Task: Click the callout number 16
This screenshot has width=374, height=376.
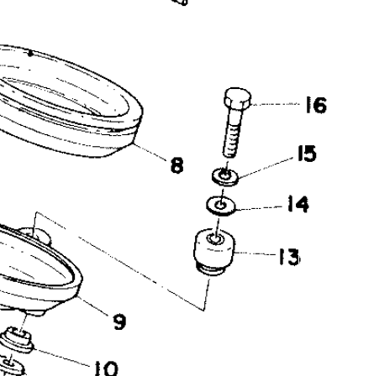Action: (x=316, y=105)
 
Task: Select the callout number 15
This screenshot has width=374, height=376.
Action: (x=307, y=154)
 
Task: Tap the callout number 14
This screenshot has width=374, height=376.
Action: (x=298, y=204)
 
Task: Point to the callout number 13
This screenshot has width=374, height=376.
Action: (x=290, y=257)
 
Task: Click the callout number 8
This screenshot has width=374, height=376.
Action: (x=176, y=165)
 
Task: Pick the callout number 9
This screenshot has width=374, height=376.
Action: (x=119, y=321)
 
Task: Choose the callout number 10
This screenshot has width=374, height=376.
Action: (x=106, y=368)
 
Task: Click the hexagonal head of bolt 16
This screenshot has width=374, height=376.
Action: (x=238, y=98)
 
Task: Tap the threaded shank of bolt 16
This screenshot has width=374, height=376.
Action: (x=232, y=133)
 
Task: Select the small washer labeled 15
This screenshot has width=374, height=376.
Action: (x=225, y=176)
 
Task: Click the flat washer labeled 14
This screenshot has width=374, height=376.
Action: (x=221, y=206)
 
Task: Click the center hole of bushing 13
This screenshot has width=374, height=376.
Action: (x=214, y=238)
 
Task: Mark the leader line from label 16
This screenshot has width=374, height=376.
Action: (x=276, y=104)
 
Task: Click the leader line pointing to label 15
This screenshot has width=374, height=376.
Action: (x=267, y=168)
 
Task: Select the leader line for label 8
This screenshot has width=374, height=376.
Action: (x=150, y=152)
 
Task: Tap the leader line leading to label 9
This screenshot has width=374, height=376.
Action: (x=94, y=306)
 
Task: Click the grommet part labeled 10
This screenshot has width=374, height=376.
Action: (x=18, y=341)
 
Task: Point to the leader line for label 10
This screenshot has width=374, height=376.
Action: (x=63, y=357)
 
